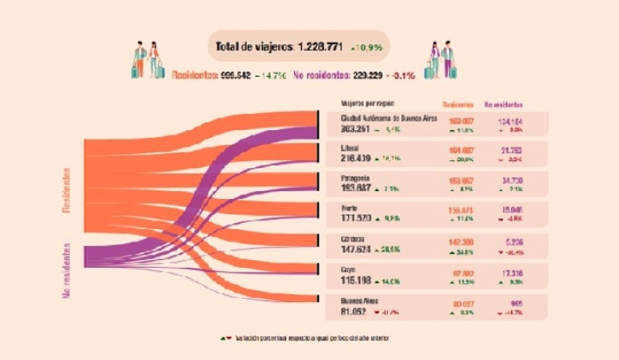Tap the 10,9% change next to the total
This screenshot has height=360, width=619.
click(x=367, y=47)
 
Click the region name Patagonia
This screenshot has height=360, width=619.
click(x=357, y=177)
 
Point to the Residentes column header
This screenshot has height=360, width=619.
click(x=457, y=104)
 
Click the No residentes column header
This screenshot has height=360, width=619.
click(x=503, y=104)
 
